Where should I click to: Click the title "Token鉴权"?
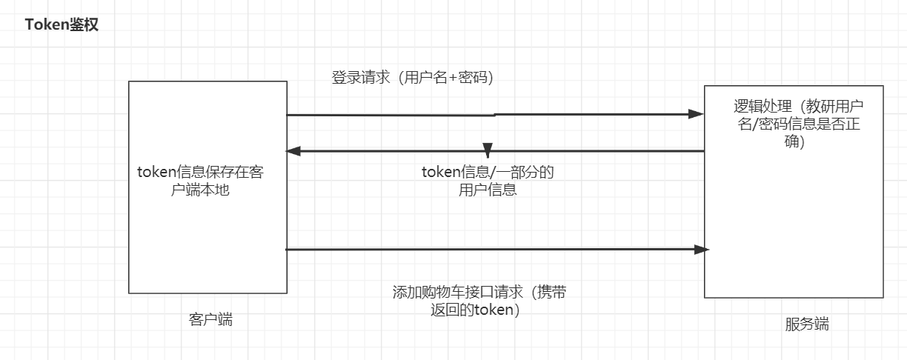[62, 25]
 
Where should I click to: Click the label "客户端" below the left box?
[210, 319]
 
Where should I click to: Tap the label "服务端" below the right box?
[807, 324]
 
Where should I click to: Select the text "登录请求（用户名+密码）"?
[412, 77]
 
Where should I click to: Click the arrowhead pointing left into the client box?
[293, 151]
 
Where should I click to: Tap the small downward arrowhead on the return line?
[488, 147]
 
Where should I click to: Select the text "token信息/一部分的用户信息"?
[488, 181]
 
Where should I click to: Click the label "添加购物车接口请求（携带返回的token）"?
[479, 301]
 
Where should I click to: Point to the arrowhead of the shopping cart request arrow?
[701, 250]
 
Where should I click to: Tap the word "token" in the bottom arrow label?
[492, 310]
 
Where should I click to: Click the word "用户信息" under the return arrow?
[488, 190]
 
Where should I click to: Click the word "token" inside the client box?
[154, 171]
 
